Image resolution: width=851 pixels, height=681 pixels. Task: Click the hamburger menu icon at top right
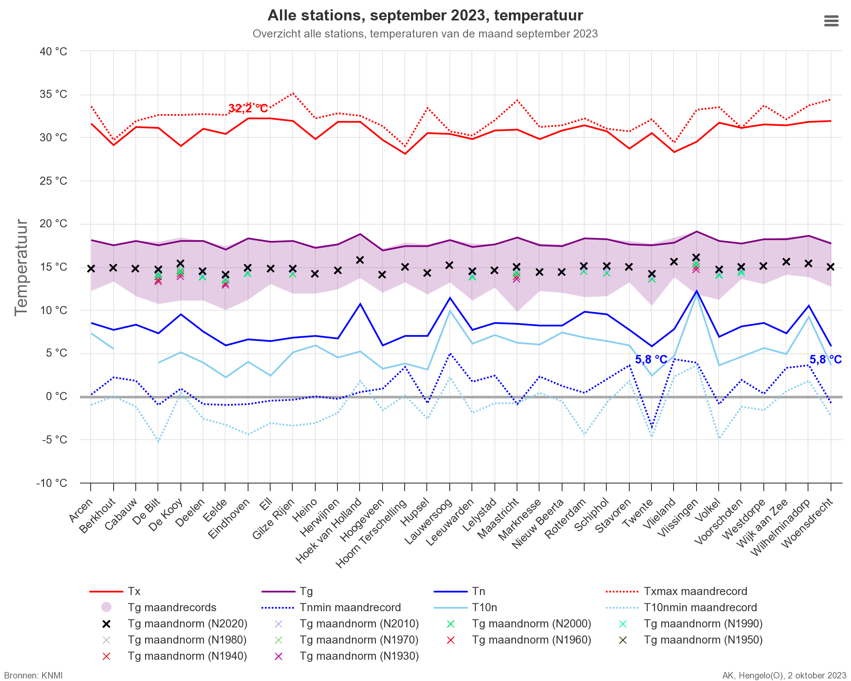(831, 21)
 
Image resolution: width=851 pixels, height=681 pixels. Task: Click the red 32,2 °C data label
(248, 109)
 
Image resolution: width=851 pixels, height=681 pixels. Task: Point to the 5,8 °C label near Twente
(651, 360)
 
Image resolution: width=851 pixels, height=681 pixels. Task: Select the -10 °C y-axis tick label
(52, 483)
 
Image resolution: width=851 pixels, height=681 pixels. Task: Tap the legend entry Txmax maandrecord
(695, 591)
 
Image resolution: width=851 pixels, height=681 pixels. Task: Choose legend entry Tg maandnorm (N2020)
(187, 624)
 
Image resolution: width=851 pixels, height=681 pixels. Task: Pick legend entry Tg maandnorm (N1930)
(359, 656)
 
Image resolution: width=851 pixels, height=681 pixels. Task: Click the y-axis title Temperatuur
(21, 267)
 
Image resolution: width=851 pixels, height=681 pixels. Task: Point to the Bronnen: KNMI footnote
(33, 675)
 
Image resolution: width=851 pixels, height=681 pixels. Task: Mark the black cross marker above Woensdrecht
(831, 267)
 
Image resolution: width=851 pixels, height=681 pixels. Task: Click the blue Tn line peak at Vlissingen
(697, 291)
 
